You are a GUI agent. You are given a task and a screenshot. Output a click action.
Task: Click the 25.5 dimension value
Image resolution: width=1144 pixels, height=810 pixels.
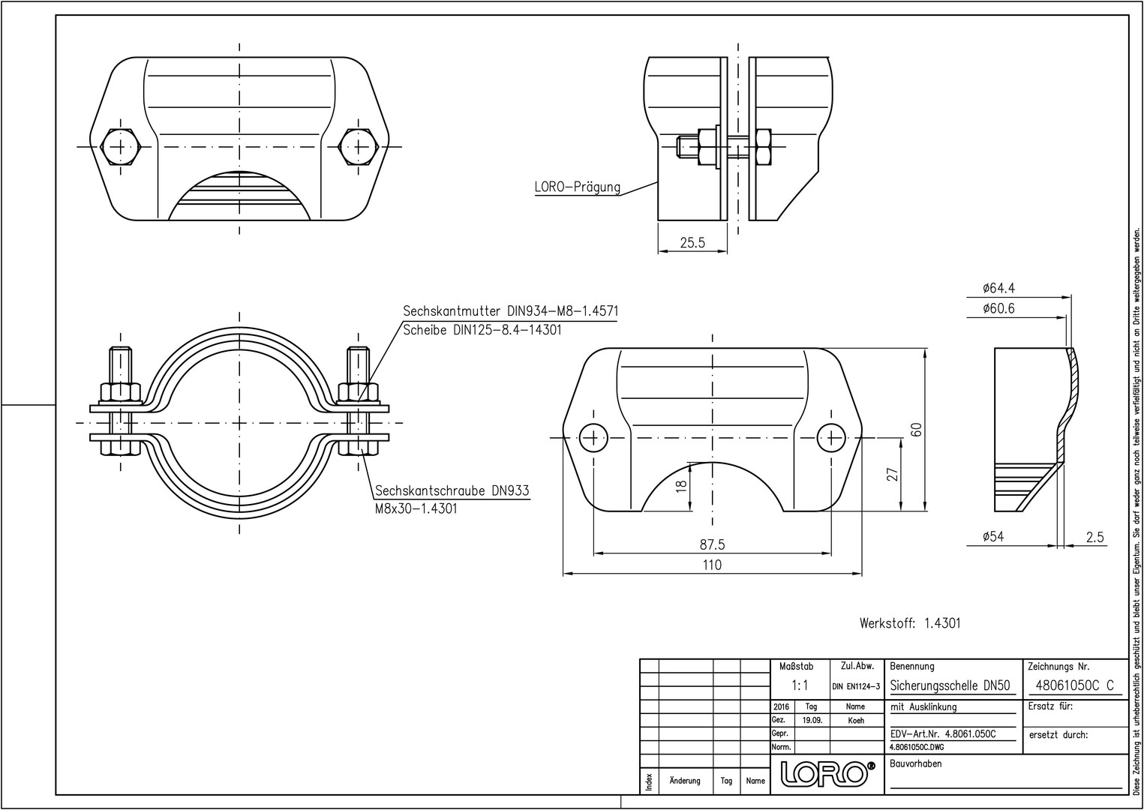pyautogui.click(x=692, y=243)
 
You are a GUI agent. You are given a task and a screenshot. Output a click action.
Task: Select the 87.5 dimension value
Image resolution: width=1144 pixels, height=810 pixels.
pyautogui.click(x=712, y=544)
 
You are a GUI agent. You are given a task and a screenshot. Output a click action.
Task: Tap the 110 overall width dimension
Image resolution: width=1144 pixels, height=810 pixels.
pyautogui.click(x=712, y=565)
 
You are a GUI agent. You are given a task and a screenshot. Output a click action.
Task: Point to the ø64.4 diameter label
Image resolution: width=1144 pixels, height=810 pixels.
pyautogui.click(x=998, y=288)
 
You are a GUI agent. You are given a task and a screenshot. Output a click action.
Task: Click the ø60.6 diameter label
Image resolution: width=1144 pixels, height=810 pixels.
pyautogui.click(x=998, y=308)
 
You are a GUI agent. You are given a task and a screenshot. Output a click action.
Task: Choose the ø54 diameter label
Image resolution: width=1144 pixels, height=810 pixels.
pyautogui.click(x=992, y=536)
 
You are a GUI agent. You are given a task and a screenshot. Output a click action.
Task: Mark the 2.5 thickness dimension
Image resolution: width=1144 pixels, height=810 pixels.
pyautogui.click(x=1095, y=536)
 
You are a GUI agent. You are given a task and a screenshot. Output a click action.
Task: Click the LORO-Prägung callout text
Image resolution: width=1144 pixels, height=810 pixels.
pyautogui.click(x=578, y=187)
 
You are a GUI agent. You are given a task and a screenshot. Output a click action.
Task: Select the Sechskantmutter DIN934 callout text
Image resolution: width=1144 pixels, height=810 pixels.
pyautogui.click(x=510, y=310)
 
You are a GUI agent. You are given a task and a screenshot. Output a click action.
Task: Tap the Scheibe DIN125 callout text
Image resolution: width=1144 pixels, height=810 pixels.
pyautogui.click(x=482, y=330)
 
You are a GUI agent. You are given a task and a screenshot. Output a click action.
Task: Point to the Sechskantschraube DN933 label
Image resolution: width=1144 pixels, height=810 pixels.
pyautogui.click(x=452, y=490)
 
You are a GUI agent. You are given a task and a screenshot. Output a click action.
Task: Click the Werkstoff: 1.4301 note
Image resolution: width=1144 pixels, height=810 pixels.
pyautogui.click(x=910, y=622)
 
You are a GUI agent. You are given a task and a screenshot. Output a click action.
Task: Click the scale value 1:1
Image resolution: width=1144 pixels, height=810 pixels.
pyautogui.click(x=800, y=685)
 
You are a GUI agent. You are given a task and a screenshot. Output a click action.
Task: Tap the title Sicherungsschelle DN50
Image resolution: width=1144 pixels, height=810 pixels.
pyautogui.click(x=950, y=685)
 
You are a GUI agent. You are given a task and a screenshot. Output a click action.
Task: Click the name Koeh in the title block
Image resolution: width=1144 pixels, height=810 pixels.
pyautogui.click(x=855, y=720)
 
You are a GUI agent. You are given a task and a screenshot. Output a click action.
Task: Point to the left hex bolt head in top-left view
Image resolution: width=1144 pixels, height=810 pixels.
pyautogui.click(x=120, y=145)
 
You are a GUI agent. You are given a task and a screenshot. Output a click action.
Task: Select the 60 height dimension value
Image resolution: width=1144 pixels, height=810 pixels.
pyautogui.click(x=916, y=430)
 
